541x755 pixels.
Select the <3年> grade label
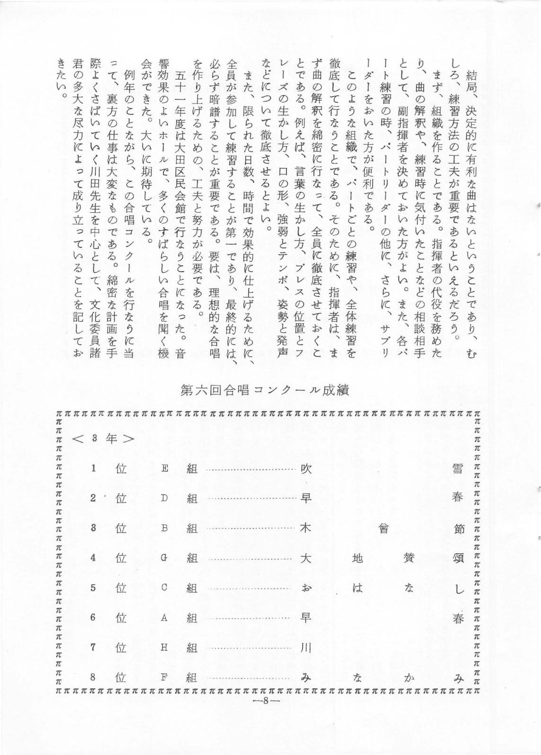tap(103, 439)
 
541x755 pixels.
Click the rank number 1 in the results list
tap(94, 469)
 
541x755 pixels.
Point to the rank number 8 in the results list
tap(94, 677)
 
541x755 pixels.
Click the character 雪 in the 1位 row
tap(458, 469)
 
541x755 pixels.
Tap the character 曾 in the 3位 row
tap(383, 528)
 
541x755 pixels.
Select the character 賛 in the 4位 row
tap(409, 558)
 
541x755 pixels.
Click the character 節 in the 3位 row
tap(458, 528)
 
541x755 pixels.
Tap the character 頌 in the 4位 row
tap(458, 558)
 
